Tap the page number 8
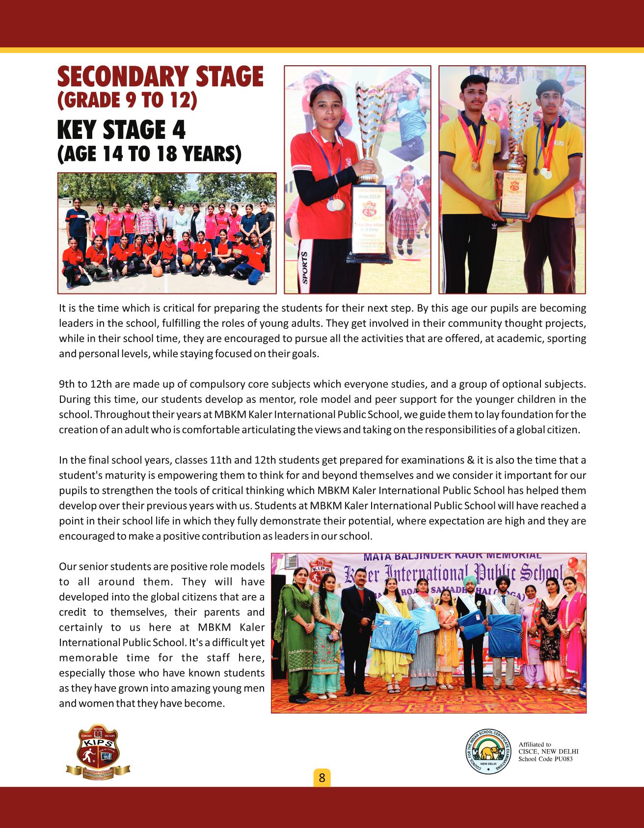point(322,778)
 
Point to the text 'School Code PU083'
point(545,759)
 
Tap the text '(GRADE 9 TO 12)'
point(127,100)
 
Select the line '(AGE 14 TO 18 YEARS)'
point(150,154)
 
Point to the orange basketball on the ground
point(157,271)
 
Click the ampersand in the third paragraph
point(471,460)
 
